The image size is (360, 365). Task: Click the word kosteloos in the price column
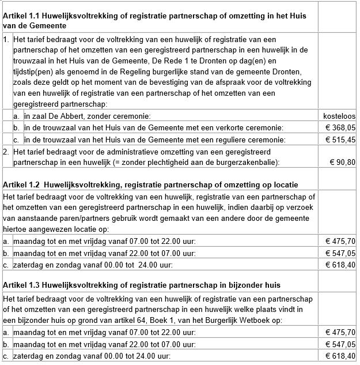click(x=339, y=116)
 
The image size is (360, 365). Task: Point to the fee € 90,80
click(x=342, y=162)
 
